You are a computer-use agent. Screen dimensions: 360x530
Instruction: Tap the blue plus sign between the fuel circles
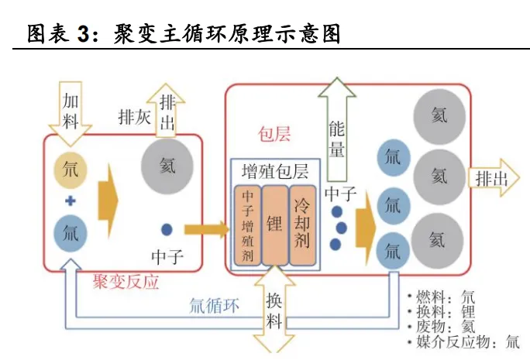71,201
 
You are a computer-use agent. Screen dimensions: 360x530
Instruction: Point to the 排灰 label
133,117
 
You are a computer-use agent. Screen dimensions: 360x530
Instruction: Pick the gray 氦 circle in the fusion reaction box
167,166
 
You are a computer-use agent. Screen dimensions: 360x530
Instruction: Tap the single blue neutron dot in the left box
167,228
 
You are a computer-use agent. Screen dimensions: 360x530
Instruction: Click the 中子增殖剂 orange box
246,225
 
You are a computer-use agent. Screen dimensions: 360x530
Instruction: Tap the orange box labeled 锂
274,225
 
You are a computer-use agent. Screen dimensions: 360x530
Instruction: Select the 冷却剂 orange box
302,225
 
